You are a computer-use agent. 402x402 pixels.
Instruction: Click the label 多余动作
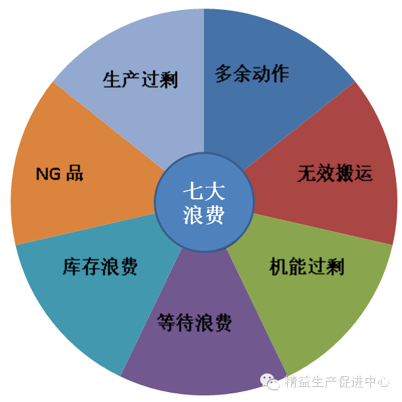[251, 74]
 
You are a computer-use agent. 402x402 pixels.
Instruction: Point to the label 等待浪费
[195, 323]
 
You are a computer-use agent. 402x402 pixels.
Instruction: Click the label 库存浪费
[100, 267]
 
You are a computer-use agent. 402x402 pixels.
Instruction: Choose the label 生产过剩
[140, 81]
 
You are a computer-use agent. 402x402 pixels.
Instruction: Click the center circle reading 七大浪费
[204, 202]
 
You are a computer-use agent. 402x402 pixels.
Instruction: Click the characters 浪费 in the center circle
[204, 215]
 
